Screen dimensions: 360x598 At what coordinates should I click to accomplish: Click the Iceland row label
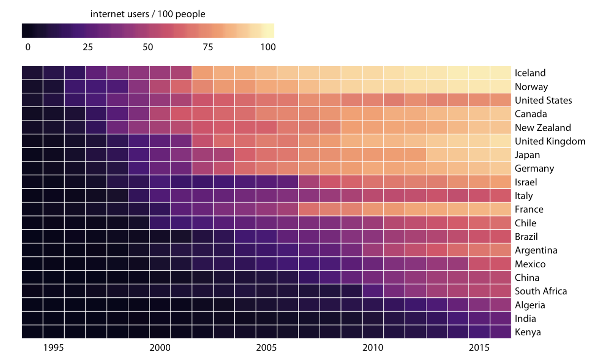pyautogui.click(x=530, y=73)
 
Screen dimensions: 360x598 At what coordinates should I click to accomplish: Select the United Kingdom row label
pyautogui.click(x=550, y=142)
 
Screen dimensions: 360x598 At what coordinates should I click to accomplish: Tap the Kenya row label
pyautogui.click(x=527, y=332)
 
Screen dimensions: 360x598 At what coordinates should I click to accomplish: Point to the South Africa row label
pyautogui.click(x=540, y=291)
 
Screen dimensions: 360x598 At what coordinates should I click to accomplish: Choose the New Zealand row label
pyautogui.click(x=542, y=128)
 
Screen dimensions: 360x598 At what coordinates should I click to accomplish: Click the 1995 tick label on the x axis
pyautogui.click(x=53, y=348)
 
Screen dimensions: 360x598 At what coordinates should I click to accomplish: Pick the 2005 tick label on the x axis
pyautogui.click(x=266, y=348)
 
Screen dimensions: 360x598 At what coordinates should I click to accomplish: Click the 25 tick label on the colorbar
pyautogui.click(x=87, y=47)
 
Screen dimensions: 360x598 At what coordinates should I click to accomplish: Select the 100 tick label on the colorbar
pyautogui.click(x=267, y=47)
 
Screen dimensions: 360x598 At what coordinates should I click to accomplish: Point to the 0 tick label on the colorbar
pyautogui.click(x=28, y=47)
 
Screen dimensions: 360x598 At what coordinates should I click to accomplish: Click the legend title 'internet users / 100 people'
pyautogui.click(x=148, y=14)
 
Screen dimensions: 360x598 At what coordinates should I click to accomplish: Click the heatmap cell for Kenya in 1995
pyautogui.click(x=53, y=331)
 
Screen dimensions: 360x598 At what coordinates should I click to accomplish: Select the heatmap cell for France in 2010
pyautogui.click(x=373, y=209)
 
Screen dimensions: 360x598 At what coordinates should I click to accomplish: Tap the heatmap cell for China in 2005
pyautogui.click(x=266, y=277)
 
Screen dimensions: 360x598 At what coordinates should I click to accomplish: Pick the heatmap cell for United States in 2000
pyautogui.click(x=160, y=100)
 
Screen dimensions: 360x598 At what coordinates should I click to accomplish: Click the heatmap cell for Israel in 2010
pyautogui.click(x=373, y=182)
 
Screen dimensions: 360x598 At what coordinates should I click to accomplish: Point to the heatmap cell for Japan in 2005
pyautogui.click(x=266, y=154)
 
